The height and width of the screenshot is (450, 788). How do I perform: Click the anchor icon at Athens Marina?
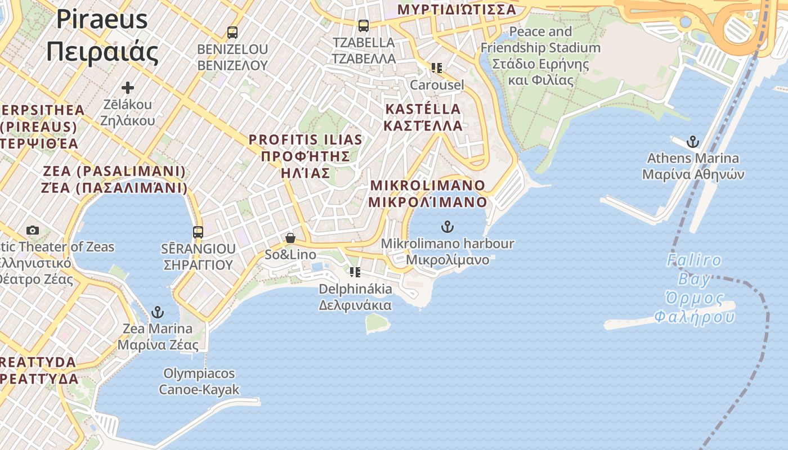coord(693,142)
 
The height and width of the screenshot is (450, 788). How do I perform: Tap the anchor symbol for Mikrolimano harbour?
coord(447,227)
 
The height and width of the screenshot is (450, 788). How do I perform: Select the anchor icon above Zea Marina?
coord(158,312)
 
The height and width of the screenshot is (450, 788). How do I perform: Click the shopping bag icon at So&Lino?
coord(290,238)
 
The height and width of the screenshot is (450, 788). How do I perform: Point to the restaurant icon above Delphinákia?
coord(355,272)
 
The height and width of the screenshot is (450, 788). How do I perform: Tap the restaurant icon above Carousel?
coord(436,68)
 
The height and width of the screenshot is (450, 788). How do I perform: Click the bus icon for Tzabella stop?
coord(364,25)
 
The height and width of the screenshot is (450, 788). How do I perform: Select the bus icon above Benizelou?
coord(232,32)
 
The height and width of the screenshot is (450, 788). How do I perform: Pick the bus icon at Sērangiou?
coord(198,232)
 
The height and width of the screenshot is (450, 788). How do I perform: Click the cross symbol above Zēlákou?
coord(128,87)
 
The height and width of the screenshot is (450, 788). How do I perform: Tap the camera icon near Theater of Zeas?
coord(33,230)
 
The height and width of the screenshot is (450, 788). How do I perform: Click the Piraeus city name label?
coord(102,35)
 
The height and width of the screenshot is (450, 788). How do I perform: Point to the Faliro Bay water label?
coord(694,289)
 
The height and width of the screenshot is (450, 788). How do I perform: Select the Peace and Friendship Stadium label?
coord(540,56)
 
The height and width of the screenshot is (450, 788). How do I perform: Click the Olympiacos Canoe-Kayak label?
coord(199,381)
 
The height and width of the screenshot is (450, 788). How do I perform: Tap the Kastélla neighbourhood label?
coord(423,117)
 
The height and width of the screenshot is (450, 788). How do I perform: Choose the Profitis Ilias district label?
coord(306,156)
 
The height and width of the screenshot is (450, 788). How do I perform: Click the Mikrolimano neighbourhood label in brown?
coord(428,193)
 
